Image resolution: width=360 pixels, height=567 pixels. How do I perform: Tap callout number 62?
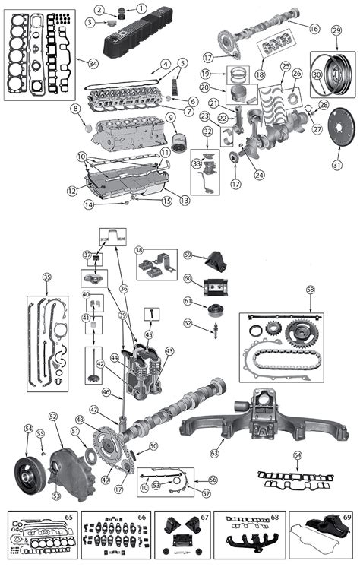(x=188, y=323)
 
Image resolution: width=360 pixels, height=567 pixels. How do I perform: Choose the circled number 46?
(x=107, y=392)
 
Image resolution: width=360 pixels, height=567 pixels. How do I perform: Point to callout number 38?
(x=139, y=250)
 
